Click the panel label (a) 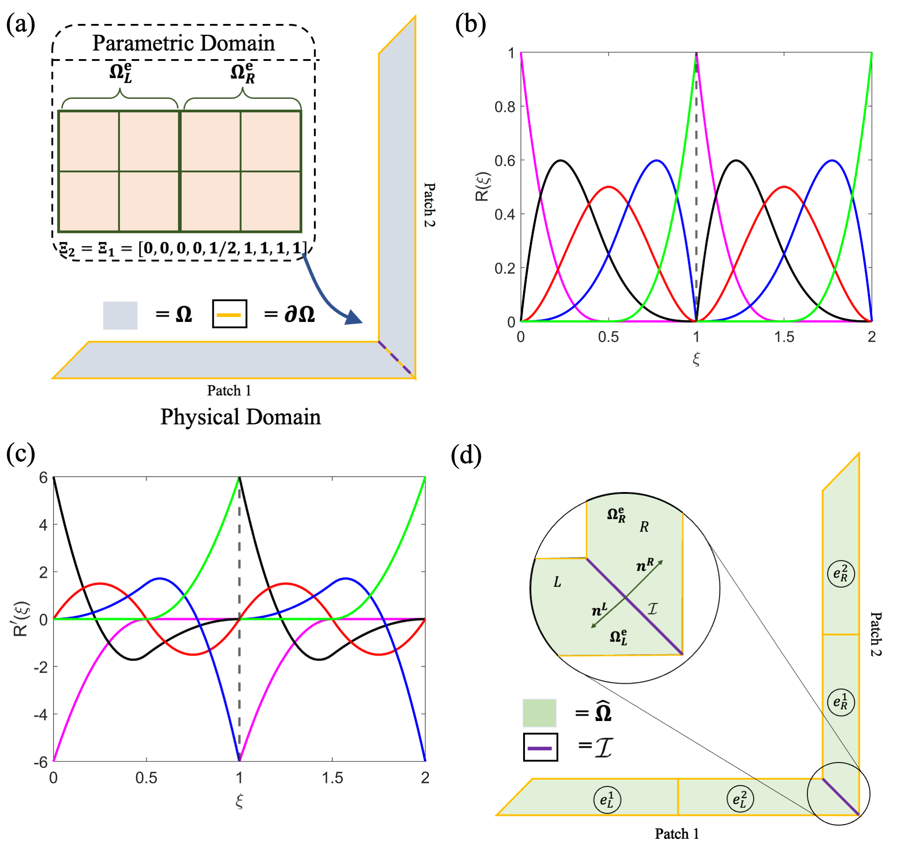tap(20, 23)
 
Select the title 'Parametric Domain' tap(184, 43)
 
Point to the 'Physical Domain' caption tap(240, 417)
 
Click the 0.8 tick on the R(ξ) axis tap(505, 107)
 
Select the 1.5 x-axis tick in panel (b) tap(784, 337)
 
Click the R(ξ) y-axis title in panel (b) tap(482, 186)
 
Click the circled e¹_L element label tap(607, 799)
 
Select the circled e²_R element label tap(841, 574)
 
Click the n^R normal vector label tap(645, 565)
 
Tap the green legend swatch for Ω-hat tap(539, 713)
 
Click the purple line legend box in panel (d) tap(540, 748)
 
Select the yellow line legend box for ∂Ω tap(230, 314)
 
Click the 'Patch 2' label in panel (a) tap(429, 205)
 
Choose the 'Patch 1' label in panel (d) tap(676, 834)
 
